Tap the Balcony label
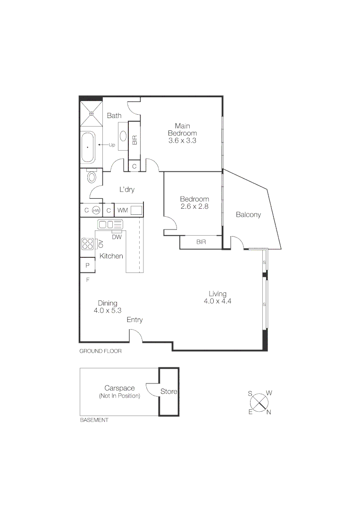point(248,215)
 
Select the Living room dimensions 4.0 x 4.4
point(217,301)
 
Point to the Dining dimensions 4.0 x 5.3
point(108,310)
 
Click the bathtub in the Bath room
point(87,147)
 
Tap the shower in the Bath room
point(92,114)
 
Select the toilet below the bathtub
point(92,177)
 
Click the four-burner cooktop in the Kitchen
point(88,244)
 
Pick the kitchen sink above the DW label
point(110,224)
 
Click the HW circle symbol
point(96,210)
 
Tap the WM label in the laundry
point(122,210)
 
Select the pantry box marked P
point(87,265)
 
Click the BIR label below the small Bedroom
point(201,242)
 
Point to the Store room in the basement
point(168,391)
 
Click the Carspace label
point(119,388)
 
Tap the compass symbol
point(259,402)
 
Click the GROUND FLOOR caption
point(100,351)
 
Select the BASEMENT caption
point(94,420)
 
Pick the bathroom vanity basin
point(123,136)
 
